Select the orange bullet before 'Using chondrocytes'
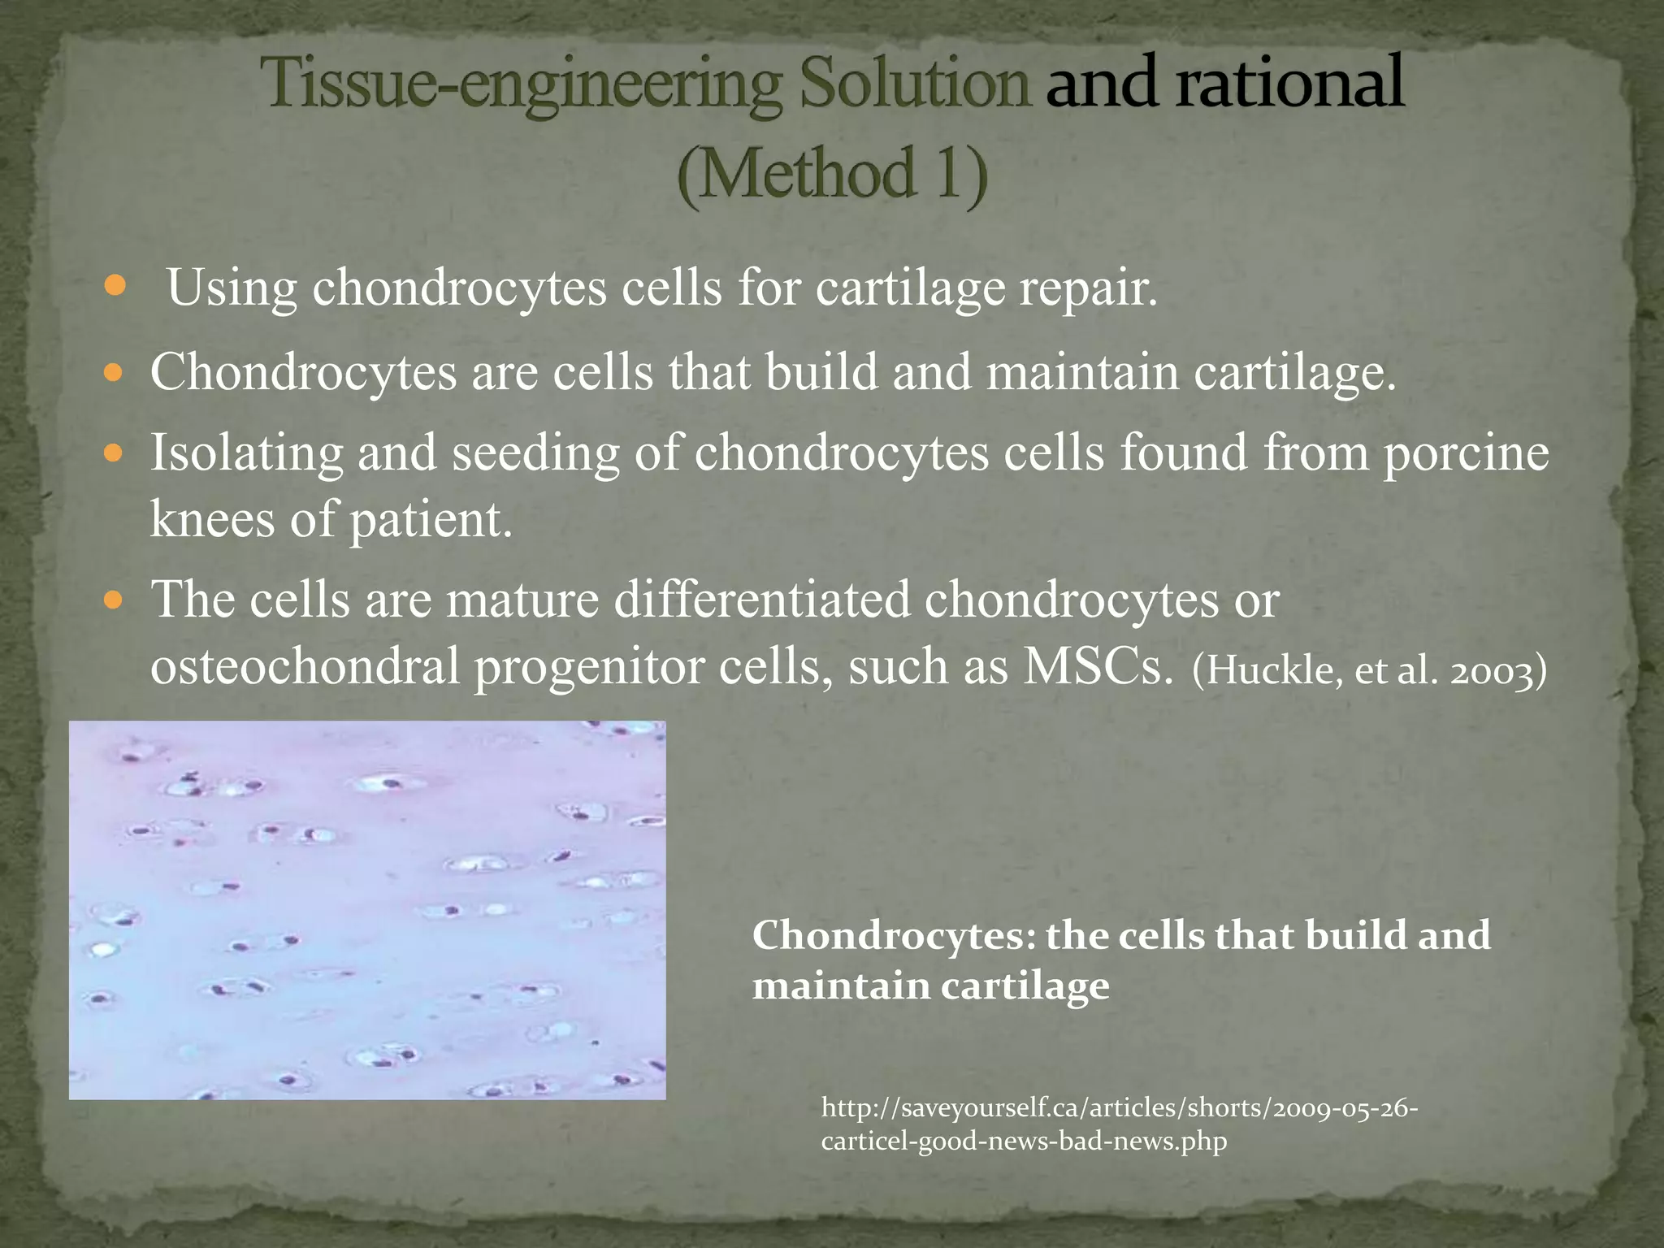tap(116, 286)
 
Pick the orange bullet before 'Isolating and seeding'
tap(115, 453)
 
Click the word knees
tap(213, 520)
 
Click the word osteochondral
tap(305, 667)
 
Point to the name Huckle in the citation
tap(1271, 672)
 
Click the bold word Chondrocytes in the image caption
tap(893, 936)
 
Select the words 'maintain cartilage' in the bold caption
tap(930, 986)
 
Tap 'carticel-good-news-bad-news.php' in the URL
tap(1024, 1142)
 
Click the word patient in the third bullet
tap(431, 520)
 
